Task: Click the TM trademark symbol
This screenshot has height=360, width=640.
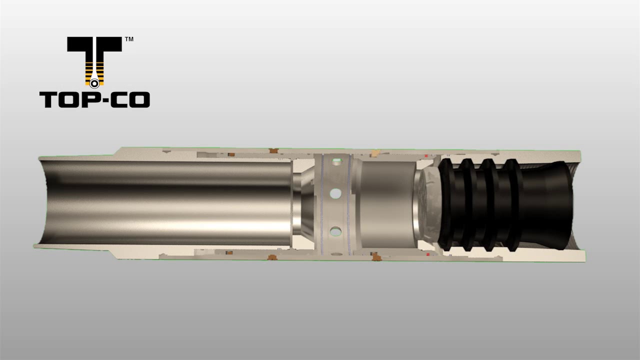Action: click(x=128, y=39)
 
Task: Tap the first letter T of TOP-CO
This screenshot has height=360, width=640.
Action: click(x=49, y=100)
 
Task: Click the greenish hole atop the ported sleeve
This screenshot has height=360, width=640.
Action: click(x=336, y=161)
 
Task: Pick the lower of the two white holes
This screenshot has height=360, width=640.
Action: click(x=335, y=231)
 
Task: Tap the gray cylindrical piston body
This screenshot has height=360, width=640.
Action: click(x=387, y=205)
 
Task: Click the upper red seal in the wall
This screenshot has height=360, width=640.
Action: click(x=426, y=156)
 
